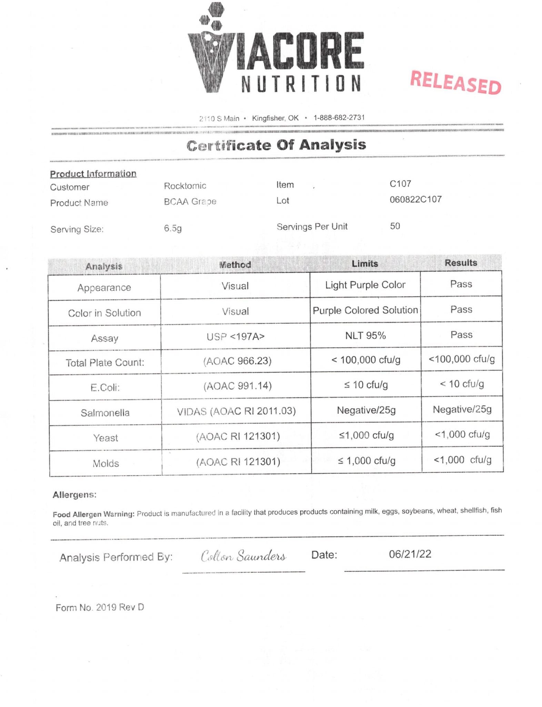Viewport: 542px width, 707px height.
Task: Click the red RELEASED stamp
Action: point(455,83)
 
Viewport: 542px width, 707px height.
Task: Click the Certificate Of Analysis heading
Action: point(276,145)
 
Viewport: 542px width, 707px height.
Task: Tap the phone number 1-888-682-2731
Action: point(339,118)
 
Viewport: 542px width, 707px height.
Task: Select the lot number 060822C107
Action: point(415,200)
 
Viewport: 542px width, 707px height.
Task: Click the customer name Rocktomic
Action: point(185,186)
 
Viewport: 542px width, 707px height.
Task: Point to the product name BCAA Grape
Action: point(190,202)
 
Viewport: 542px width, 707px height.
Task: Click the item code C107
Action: point(400,184)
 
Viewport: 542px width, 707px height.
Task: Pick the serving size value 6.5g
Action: point(173,229)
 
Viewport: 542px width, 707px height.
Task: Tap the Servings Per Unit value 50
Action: point(395,226)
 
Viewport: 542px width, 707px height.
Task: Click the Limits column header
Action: point(365,264)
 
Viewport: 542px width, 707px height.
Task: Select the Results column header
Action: point(461,263)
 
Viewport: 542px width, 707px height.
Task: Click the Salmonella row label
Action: point(105,413)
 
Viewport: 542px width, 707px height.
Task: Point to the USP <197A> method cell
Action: point(235,337)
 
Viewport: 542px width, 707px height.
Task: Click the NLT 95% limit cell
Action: point(365,336)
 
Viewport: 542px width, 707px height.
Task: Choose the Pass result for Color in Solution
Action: point(461,310)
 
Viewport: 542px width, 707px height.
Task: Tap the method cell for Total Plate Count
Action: point(237,361)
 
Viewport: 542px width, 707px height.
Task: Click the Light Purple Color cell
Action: point(365,285)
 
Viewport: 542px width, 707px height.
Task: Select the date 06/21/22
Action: point(410,554)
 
